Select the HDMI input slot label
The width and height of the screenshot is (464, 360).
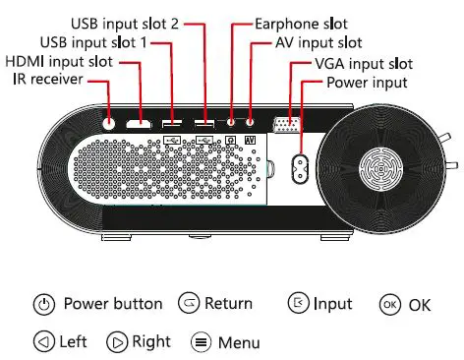click(59, 61)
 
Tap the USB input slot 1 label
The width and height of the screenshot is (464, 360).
click(93, 42)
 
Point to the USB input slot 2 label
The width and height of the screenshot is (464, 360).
click(125, 22)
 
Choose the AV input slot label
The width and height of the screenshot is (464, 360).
click(318, 42)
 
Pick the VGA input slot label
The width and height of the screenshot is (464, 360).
click(360, 63)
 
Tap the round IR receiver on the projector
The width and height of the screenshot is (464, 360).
click(107, 125)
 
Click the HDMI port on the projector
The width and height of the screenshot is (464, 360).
click(139, 125)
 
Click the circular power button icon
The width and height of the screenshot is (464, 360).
click(42, 305)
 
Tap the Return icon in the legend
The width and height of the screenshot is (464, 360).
click(189, 304)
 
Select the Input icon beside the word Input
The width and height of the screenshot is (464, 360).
click(298, 304)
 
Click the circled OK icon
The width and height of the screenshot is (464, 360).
click(390, 305)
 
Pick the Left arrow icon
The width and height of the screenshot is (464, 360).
click(42, 342)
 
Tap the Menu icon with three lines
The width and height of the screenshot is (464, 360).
click(201, 343)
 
